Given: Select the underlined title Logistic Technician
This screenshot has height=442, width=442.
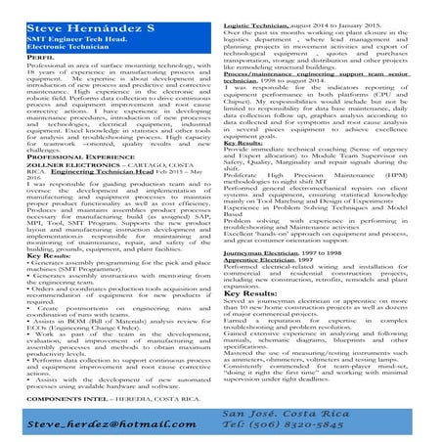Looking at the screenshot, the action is [x=261, y=8].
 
